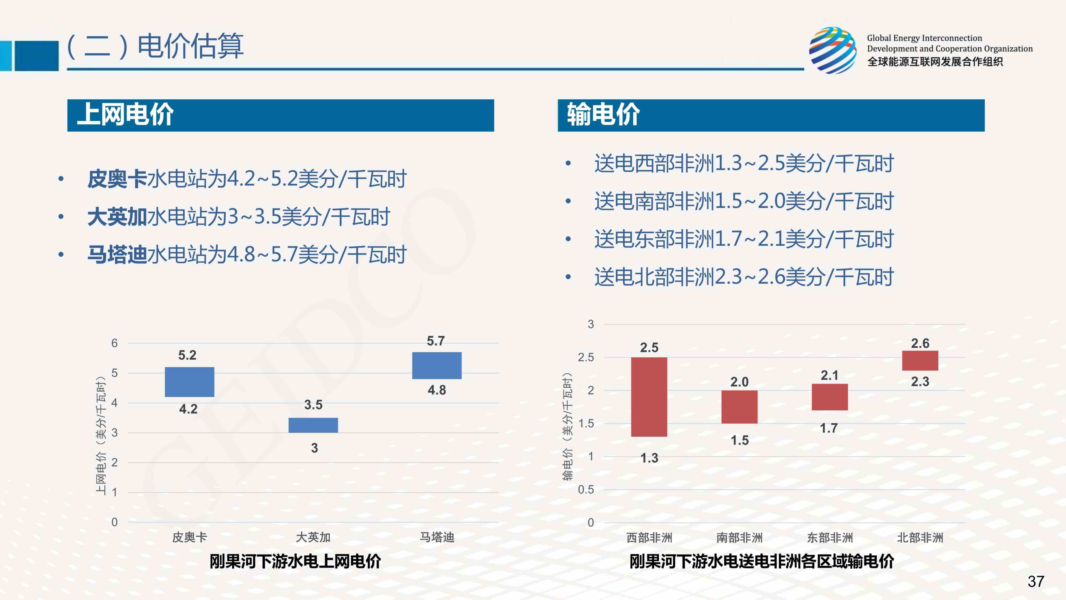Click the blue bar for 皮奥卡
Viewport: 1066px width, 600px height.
[190, 382]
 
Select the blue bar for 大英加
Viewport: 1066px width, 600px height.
[313, 425]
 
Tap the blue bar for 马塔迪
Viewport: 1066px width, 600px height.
[437, 366]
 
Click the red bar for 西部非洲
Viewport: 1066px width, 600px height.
[649, 397]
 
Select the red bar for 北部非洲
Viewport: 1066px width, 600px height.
[920, 361]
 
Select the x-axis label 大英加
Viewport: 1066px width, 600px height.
[313, 537]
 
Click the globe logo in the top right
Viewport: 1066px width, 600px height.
[833, 51]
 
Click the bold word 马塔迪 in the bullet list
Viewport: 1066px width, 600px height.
[117, 255]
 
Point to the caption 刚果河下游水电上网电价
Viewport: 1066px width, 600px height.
[295, 562]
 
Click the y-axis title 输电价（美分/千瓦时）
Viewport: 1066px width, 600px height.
[568, 427]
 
